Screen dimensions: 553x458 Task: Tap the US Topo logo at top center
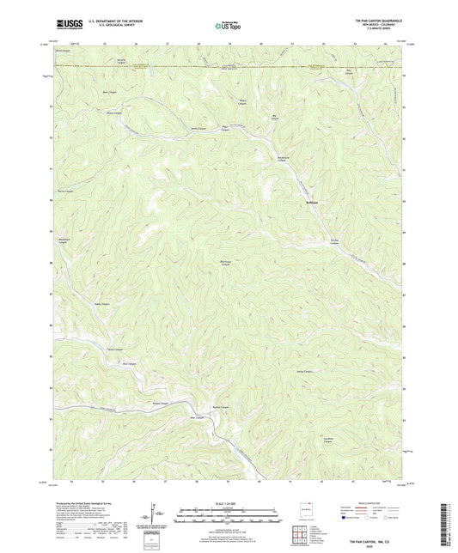[x=226, y=26]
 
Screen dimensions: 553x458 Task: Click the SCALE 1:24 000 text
[x=228, y=503]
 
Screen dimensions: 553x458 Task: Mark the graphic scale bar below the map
[x=228, y=515]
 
